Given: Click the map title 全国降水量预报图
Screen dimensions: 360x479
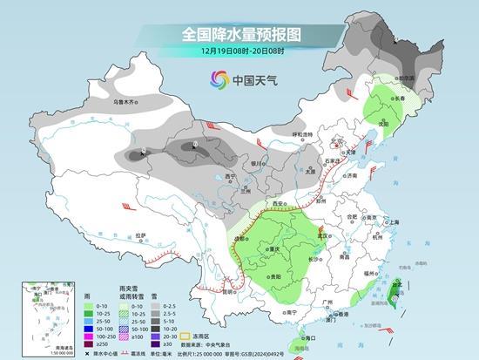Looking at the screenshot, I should coord(240,35).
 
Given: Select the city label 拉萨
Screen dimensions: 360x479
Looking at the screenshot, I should coord(140,234).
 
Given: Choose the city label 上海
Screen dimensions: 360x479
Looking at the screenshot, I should coord(394,223).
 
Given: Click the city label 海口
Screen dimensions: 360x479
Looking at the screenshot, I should coord(307,336).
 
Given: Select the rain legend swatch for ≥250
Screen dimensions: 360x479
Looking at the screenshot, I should coord(89,344).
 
